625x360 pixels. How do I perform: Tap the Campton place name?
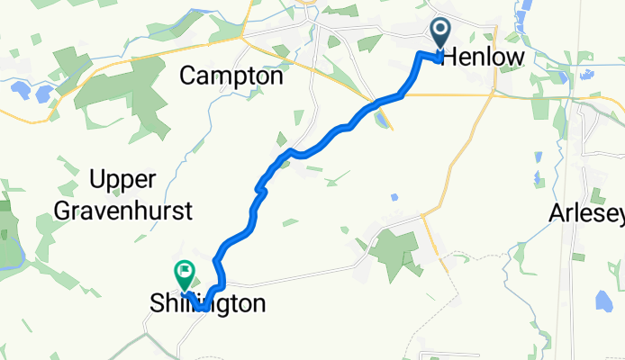[231, 76]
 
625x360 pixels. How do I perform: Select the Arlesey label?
[586, 214]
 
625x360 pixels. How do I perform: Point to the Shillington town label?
[208, 304]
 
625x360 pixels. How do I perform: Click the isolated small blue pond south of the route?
[394, 196]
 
